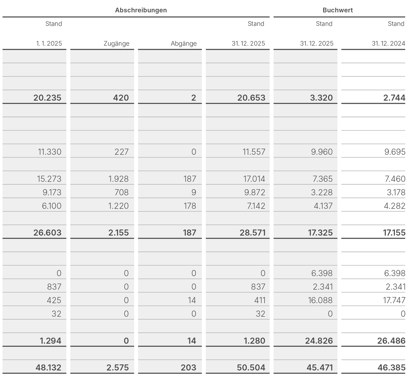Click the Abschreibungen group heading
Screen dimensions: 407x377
141,10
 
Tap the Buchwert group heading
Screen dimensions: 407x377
338,10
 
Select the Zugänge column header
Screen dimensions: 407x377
116,44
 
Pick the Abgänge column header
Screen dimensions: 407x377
183,44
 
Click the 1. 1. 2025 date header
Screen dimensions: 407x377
49,44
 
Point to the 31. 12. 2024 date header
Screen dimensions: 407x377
388,44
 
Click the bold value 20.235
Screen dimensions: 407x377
47,98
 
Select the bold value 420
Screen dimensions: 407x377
121,98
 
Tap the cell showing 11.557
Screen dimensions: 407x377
254,152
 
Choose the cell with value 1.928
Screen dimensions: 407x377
119,179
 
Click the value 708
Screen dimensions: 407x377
121,192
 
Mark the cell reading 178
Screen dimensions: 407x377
190,206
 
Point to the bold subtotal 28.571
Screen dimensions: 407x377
252,233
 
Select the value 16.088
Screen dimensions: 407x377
320,300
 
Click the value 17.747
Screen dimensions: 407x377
394,300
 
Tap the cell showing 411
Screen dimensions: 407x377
260,300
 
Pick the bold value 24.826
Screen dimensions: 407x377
319,341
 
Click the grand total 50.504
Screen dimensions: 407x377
251,367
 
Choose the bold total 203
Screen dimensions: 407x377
188,367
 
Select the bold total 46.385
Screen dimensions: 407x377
391,367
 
